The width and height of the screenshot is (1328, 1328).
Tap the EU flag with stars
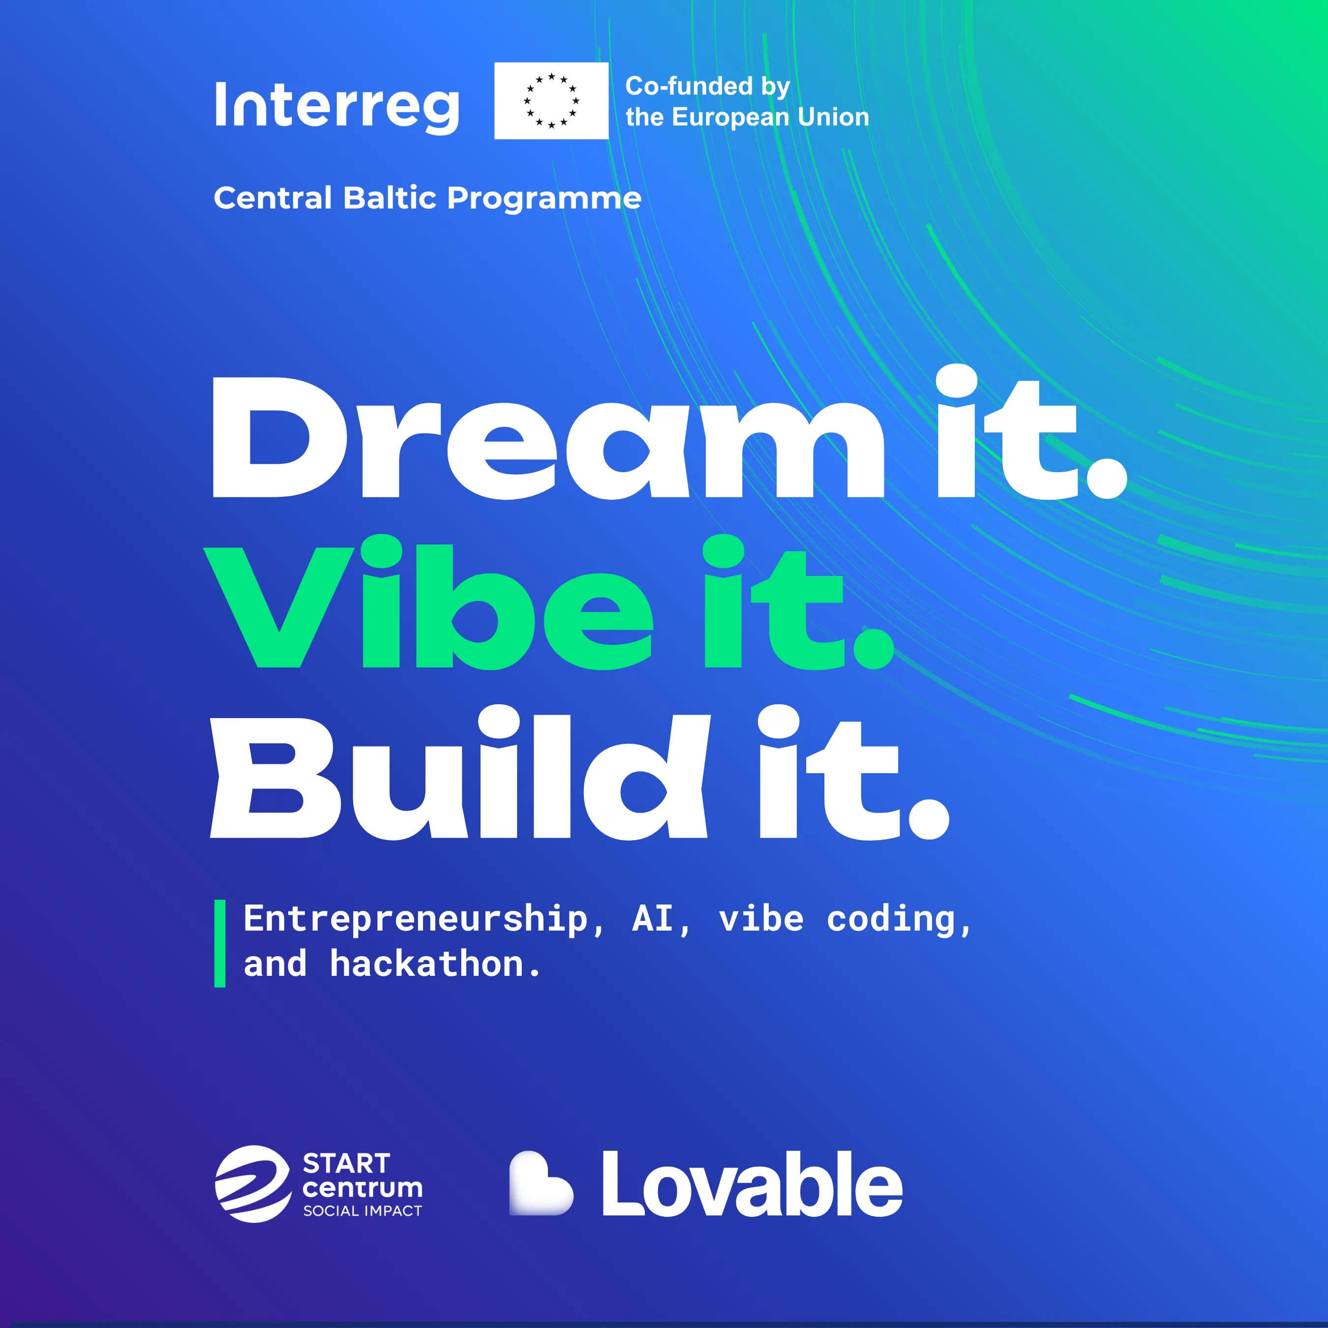551,101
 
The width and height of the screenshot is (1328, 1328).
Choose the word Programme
544,199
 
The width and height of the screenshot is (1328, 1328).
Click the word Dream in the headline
548,437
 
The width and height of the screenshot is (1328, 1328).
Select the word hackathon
427,963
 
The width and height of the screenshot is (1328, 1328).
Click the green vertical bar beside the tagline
220,944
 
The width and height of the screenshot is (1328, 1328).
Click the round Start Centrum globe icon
253,1184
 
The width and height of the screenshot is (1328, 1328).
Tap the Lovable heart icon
541,1183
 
